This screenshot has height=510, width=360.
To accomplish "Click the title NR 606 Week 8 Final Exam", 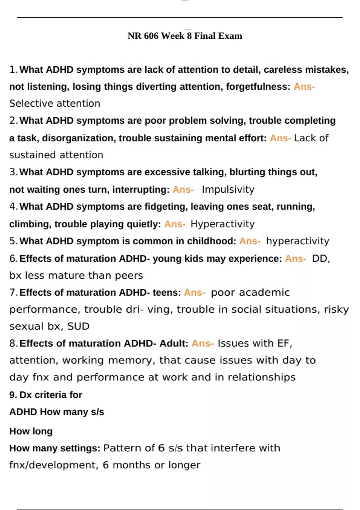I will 185,36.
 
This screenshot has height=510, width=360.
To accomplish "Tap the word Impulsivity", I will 228,190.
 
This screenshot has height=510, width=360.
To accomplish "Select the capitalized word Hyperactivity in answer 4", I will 223,224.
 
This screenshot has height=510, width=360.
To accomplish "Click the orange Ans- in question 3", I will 183,190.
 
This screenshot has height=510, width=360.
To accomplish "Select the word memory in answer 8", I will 131,360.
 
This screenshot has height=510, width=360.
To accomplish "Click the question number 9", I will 13,395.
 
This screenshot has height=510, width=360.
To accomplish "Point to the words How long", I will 31,431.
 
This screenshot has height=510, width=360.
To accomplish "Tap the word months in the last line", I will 131,465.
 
